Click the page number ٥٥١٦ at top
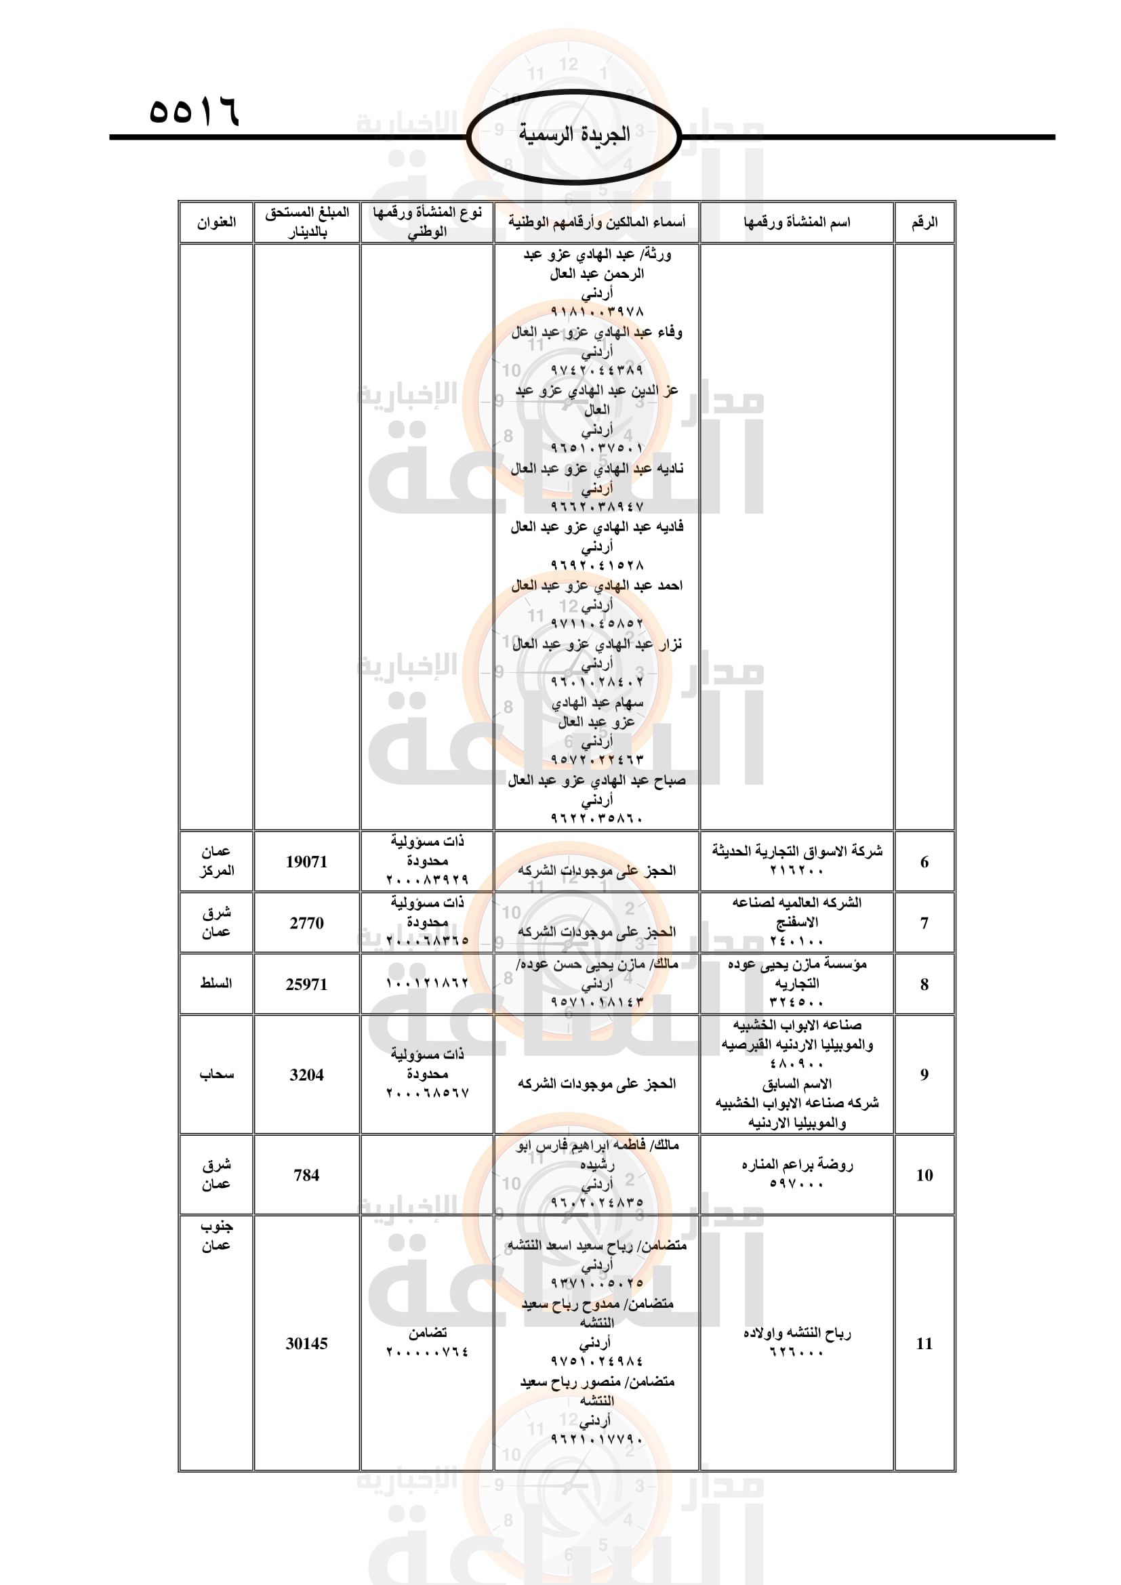194,111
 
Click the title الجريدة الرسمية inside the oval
573,134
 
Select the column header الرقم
924,222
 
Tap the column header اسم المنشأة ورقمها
796,222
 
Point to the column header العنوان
216,222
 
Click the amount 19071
306,861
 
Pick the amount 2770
306,923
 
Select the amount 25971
306,985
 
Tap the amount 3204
306,1075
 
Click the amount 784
306,1175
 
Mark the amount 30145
306,1343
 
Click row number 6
924,861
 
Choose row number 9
924,1075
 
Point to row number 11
924,1343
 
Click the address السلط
216,983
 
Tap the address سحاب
216,1074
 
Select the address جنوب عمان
216,1236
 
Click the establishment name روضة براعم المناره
796,1166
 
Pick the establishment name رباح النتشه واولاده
796,1334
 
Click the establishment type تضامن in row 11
427,1333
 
